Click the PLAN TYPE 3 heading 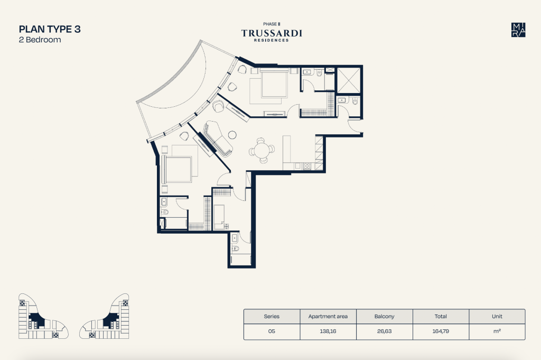coord(50,29)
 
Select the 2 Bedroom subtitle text coord(40,40)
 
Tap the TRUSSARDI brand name coord(272,33)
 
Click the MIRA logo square coord(518,30)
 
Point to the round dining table coord(262,151)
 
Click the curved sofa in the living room coord(218,139)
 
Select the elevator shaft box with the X coord(349,80)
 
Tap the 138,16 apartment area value coord(328,331)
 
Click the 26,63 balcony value coord(385,331)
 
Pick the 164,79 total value coord(441,331)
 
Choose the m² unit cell coord(497,331)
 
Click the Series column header coord(272,316)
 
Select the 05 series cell coord(272,331)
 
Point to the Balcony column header coord(385,316)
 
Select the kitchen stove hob coord(307,167)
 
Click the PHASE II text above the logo coord(272,24)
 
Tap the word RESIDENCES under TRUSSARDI coord(272,40)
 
